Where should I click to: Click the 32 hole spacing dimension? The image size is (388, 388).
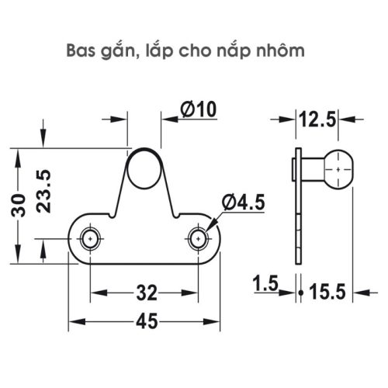click(146, 293)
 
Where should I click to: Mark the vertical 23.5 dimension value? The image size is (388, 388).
click(45, 186)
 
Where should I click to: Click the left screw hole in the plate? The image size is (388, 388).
click(92, 237)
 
